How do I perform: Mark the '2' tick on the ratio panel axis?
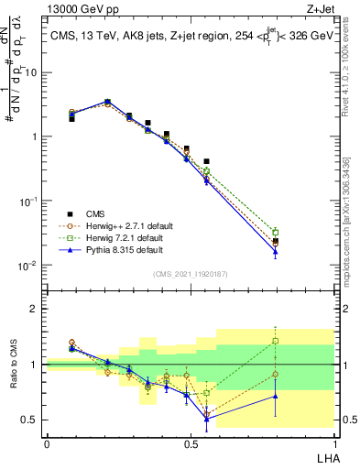[x=37, y=309]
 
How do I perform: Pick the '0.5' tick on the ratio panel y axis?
[x=33, y=420]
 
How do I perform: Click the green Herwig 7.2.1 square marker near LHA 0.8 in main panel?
[x=275, y=232]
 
